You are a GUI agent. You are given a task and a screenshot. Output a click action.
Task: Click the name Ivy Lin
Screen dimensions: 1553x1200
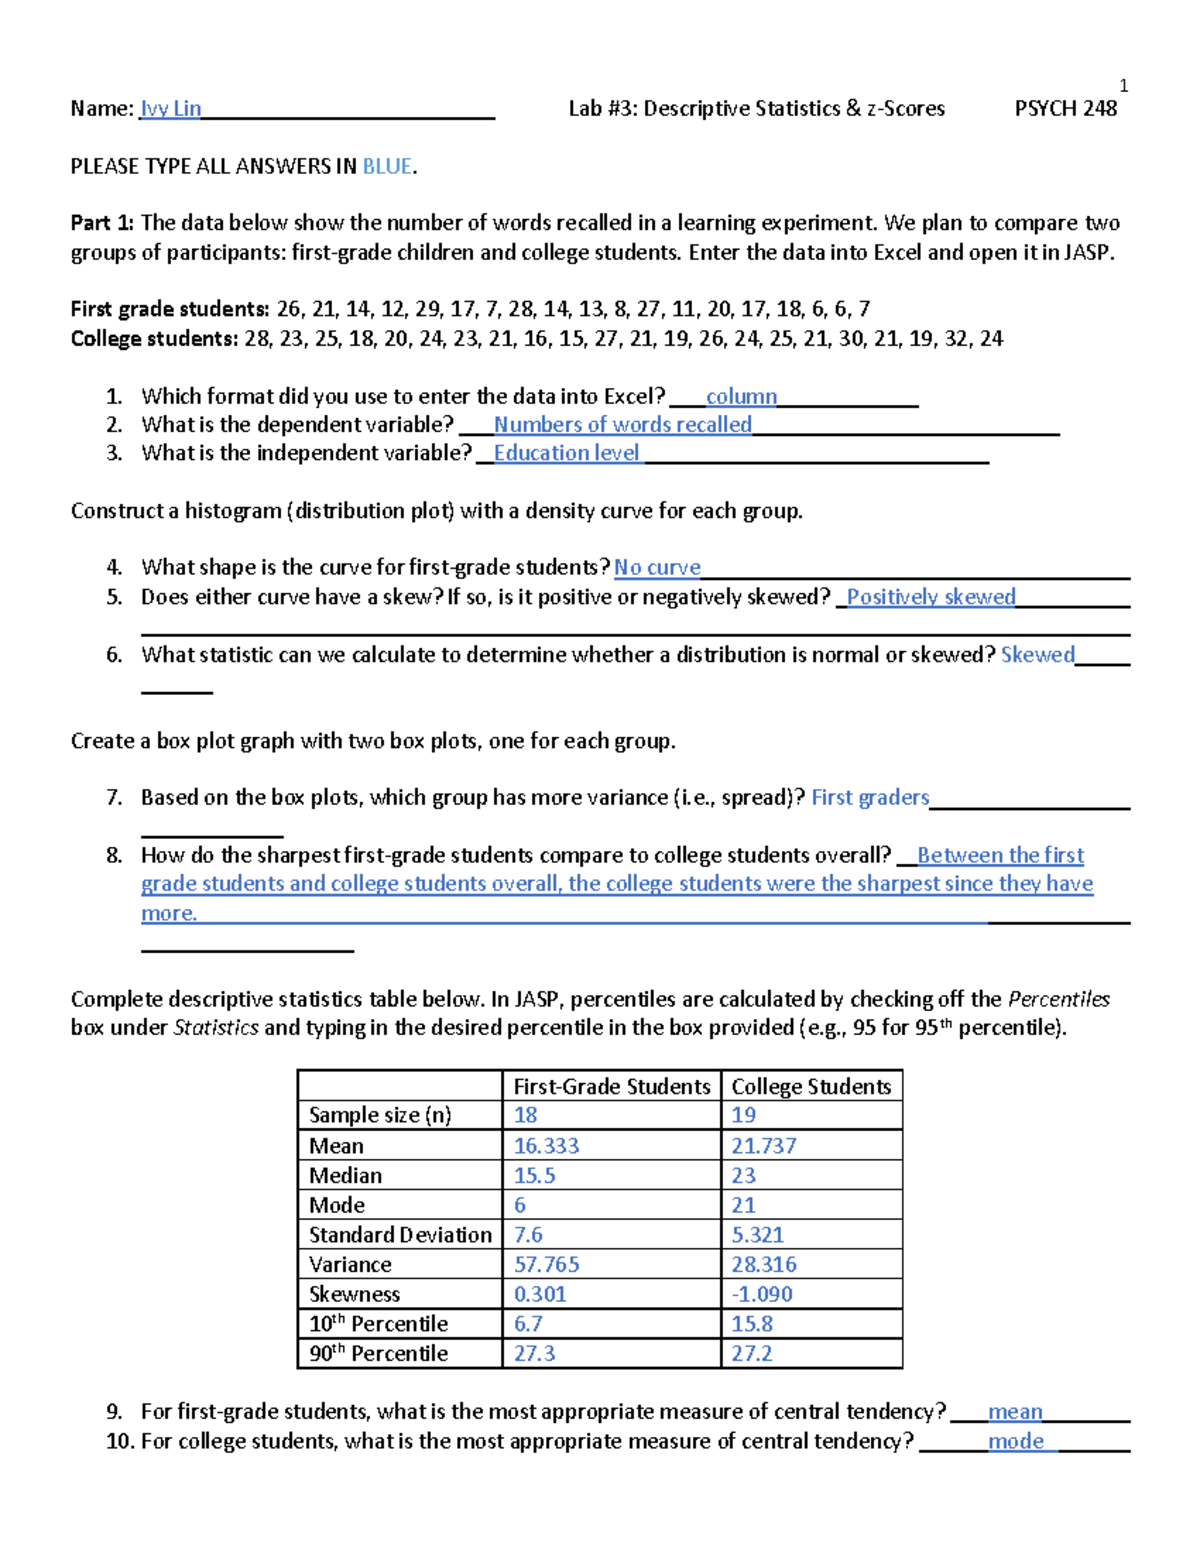[x=171, y=108]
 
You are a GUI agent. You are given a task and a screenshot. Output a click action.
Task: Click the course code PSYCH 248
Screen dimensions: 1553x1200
[x=1065, y=108]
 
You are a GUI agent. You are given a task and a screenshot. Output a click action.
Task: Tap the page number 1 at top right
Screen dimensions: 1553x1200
[x=1123, y=86]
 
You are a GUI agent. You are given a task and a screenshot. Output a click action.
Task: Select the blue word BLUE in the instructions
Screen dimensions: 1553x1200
[x=386, y=166]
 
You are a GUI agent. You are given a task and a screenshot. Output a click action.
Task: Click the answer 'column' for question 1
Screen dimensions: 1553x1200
[x=741, y=396]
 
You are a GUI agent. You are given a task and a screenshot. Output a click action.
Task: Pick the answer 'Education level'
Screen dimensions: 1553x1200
[x=566, y=453]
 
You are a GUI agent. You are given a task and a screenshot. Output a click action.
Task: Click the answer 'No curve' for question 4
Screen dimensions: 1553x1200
[x=657, y=567]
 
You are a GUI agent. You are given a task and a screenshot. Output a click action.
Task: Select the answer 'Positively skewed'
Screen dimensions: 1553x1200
[x=930, y=597]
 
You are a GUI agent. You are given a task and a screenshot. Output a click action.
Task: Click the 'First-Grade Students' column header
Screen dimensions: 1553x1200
[x=611, y=1086]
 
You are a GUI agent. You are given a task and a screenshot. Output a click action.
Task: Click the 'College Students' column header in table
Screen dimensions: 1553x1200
[x=811, y=1086]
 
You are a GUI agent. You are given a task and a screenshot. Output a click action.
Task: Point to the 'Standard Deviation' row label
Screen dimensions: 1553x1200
[x=400, y=1234]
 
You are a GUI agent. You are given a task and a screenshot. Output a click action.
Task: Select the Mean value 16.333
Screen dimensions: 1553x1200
[x=546, y=1145]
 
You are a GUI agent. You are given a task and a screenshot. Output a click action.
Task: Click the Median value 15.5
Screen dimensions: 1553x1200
[x=534, y=1175]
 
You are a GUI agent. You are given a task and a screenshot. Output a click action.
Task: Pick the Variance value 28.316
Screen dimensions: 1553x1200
[x=764, y=1264]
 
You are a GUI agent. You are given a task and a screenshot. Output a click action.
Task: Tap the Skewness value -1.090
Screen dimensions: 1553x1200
[x=762, y=1294]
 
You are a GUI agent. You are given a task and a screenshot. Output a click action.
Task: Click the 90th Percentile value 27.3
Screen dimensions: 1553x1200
[x=534, y=1353]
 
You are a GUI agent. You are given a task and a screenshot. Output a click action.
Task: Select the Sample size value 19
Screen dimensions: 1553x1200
[x=743, y=1115]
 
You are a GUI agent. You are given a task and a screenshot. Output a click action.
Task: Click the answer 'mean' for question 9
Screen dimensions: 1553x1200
[x=1015, y=1411]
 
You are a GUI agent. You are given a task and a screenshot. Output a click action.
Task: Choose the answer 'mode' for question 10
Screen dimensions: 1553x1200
[x=1016, y=1441]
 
